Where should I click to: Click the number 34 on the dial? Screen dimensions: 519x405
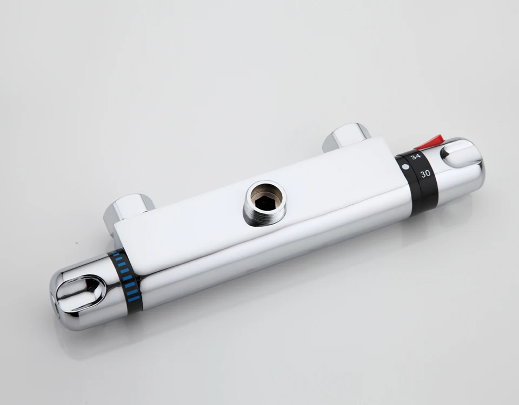pyautogui.click(x=415, y=157)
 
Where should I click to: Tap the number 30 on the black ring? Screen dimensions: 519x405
pyautogui.click(x=425, y=173)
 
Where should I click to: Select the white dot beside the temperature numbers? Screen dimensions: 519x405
pyautogui.click(x=405, y=167)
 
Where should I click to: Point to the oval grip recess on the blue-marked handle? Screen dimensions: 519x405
pyautogui.click(x=81, y=293)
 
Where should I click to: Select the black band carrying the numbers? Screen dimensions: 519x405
pyautogui.click(x=418, y=182)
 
